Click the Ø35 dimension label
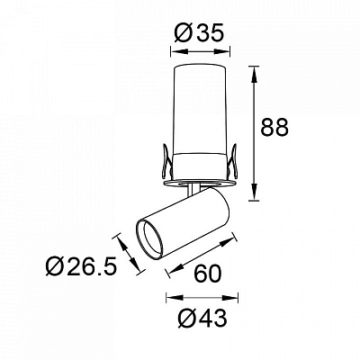[x=199, y=33]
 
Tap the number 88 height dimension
[x=274, y=127]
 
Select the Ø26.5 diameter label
[x=81, y=266]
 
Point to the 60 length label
[x=208, y=274]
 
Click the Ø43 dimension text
[x=202, y=318]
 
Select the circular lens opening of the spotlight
[x=149, y=240]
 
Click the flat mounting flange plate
[x=199, y=184]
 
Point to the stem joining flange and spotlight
[x=192, y=190]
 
